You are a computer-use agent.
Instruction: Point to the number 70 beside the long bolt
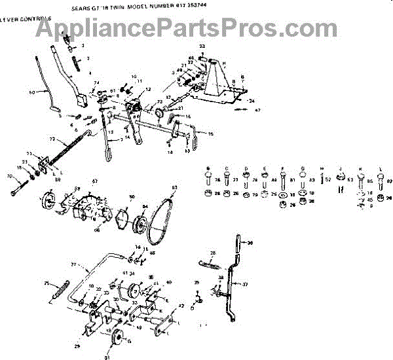click(9, 176)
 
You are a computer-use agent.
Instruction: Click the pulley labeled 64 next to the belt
click(139, 226)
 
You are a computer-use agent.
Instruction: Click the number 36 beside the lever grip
click(250, 242)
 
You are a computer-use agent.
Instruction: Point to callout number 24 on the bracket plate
click(251, 101)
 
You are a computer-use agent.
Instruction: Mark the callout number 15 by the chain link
click(211, 134)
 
